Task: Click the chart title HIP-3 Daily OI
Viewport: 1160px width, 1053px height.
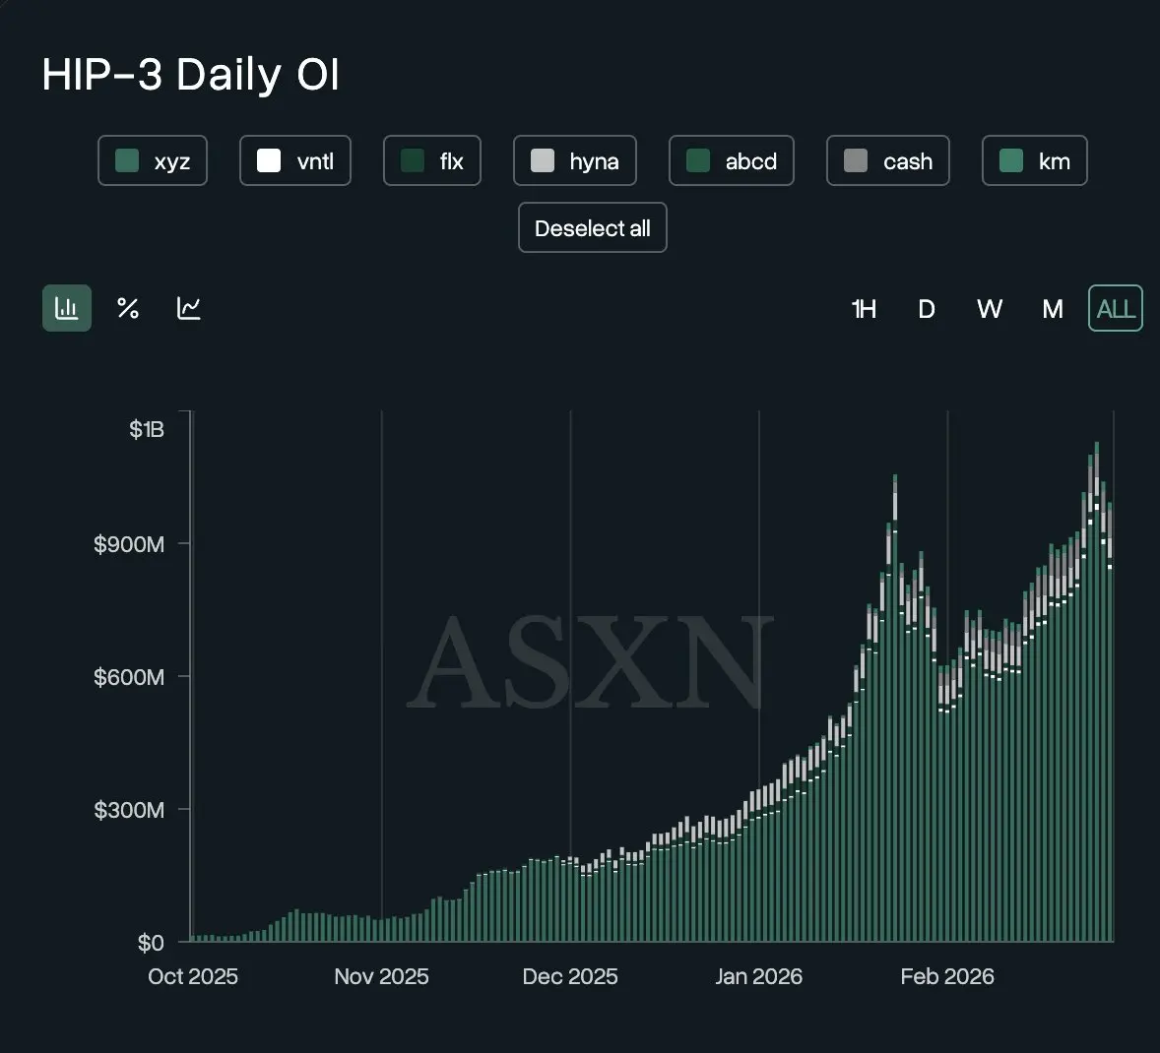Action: point(190,75)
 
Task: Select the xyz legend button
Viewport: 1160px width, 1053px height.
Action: point(153,161)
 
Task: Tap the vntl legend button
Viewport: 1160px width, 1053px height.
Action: point(295,161)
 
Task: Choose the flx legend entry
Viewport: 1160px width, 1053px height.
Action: point(432,161)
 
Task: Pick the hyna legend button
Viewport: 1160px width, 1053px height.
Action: point(575,161)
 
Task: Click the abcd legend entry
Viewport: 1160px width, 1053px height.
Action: point(732,161)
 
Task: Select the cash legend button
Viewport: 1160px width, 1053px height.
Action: point(888,161)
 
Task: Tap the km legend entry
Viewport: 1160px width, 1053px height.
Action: point(1035,161)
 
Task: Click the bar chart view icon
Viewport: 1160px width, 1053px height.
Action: point(67,308)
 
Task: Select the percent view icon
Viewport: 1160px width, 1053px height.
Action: point(128,308)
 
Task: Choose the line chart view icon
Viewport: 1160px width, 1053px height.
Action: point(189,308)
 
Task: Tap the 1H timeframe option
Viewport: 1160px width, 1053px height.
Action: point(864,309)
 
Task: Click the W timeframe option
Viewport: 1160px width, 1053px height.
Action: point(989,309)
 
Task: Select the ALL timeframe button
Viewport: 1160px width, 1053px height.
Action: point(1116,309)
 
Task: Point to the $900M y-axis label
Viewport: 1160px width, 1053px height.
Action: point(129,544)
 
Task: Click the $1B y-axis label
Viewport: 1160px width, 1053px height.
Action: point(147,429)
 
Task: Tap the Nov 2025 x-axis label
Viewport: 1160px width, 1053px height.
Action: point(381,976)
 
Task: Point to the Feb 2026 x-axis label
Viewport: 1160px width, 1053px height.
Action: point(947,976)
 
